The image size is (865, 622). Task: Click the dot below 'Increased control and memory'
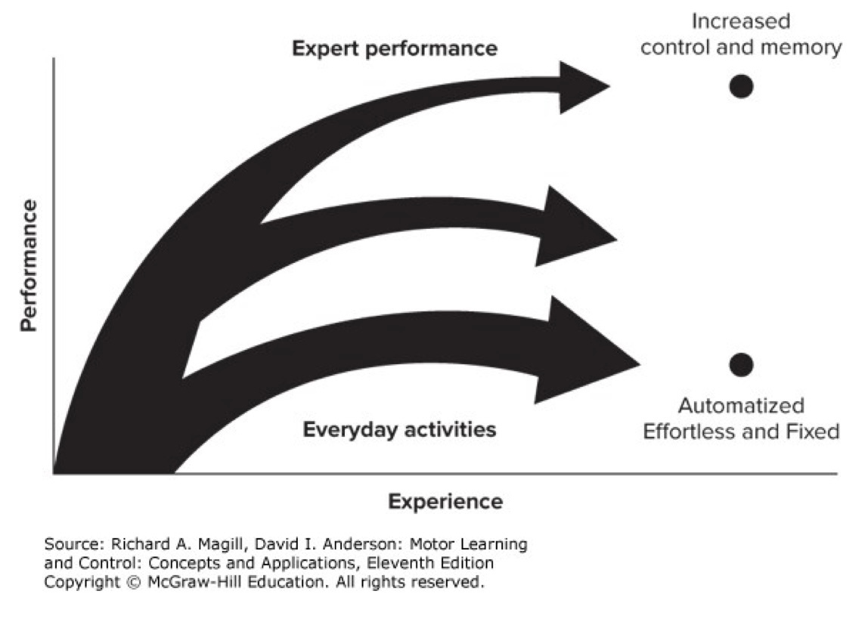pyautogui.click(x=741, y=86)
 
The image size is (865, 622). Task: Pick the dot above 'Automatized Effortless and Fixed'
pyautogui.click(x=741, y=365)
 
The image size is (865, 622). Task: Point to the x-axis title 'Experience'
pyautogui.click(x=445, y=501)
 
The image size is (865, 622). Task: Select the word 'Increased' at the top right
pyautogui.click(x=740, y=20)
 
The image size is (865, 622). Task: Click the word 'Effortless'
pyautogui.click(x=684, y=432)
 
